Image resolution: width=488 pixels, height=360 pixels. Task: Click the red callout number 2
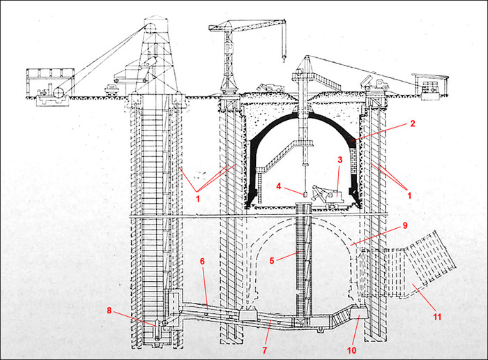coord(413,123)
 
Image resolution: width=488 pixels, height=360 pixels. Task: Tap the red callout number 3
coord(340,160)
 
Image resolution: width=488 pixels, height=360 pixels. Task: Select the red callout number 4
coord(279,186)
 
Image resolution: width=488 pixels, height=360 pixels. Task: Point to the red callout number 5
coord(272,260)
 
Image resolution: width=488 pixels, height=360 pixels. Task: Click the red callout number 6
coord(202,262)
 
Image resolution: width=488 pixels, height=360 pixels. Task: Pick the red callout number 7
coord(264,350)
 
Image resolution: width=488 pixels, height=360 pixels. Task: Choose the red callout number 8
coord(109,310)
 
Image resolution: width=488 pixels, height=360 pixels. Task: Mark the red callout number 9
coord(405,225)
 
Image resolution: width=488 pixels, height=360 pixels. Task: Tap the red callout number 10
coord(351,351)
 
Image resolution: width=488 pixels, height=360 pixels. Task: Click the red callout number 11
coord(437,317)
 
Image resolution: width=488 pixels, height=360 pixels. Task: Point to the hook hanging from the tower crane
coord(284,58)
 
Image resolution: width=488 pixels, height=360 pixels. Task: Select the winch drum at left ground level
coord(59,92)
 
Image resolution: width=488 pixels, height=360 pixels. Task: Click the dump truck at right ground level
coord(374,84)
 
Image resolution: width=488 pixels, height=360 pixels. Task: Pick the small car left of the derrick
coord(112,89)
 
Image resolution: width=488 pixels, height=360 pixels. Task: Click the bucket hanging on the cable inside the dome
coord(305,194)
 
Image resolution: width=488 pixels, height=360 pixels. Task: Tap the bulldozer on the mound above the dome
coord(270,87)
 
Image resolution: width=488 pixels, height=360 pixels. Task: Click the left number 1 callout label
coord(197,198)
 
